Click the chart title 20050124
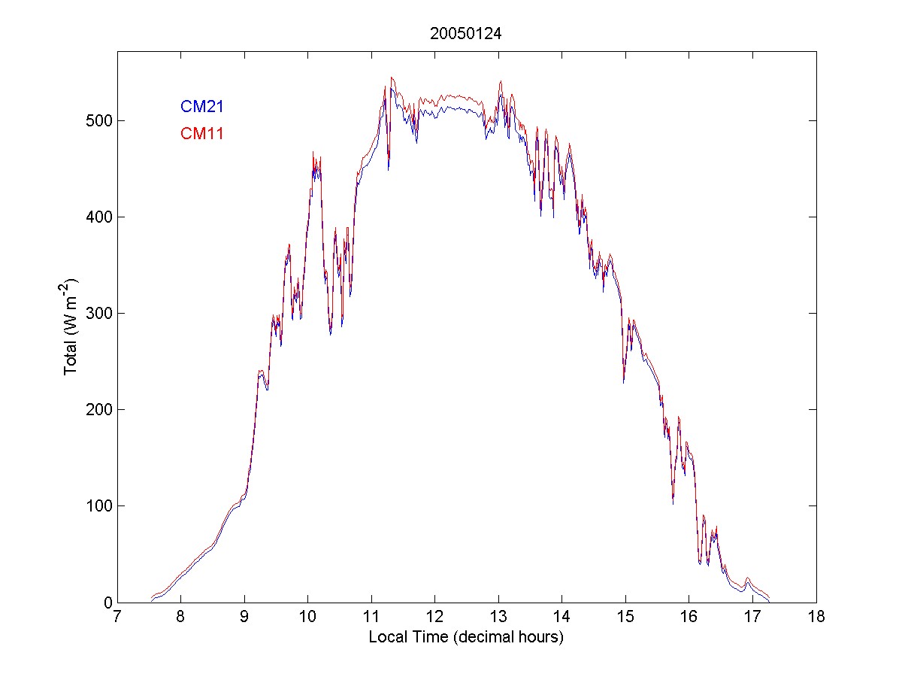466,34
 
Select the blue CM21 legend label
201,108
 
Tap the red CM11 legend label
201,134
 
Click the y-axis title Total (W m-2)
72,326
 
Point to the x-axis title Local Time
466,637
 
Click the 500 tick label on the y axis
98,120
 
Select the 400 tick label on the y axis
98,217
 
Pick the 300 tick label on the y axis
98,313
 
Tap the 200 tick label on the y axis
98,409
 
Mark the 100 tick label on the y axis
98,505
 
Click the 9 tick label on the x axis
244,618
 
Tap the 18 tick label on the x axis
816,618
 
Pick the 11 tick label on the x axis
371,618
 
